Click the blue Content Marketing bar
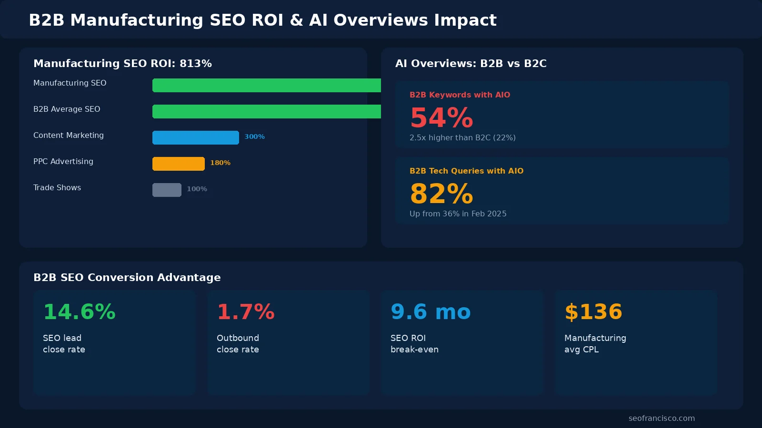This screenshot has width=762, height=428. click(195, 137)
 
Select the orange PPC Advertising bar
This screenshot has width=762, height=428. click(178, 164)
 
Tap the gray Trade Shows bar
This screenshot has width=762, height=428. click(167, 190)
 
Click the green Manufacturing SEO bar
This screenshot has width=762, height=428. click(266, 85)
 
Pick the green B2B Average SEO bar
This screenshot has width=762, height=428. click(266, 111)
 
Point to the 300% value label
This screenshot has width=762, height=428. click(254, 136)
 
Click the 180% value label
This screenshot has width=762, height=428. click(220, 163)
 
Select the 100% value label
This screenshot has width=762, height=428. click(197, 189)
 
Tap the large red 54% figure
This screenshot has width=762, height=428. click(441, 118)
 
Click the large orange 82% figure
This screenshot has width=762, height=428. click(441, 194)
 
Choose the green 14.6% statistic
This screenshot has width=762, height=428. click(79, 312)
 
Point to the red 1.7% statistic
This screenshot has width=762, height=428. click(245, 312)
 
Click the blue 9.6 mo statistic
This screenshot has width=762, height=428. click(430, 312)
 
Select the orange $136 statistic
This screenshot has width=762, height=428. click(593, 312)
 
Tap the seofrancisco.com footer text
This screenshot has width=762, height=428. click(661, 418)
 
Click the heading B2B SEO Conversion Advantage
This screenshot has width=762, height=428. click(127, 277)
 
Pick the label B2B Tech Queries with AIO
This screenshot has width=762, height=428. click(466, 171)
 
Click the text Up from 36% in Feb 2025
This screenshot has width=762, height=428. click(458, 214)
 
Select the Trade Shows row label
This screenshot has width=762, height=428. click(57, 187)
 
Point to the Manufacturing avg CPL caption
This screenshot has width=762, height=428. click(595, 343)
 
